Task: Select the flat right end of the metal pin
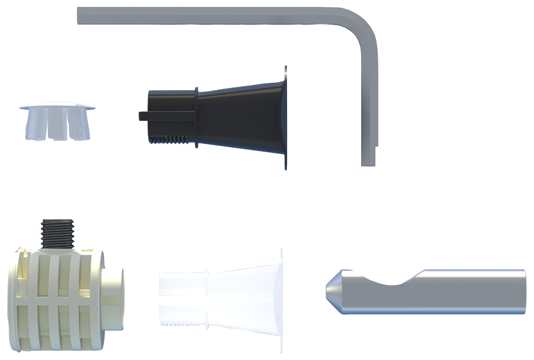(523, 291)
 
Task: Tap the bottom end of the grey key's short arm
(369, 162)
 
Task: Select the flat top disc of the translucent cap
(57, 106)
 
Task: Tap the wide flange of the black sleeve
(285, 117)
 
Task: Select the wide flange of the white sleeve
(281, 297)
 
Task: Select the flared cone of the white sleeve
(242, 297)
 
